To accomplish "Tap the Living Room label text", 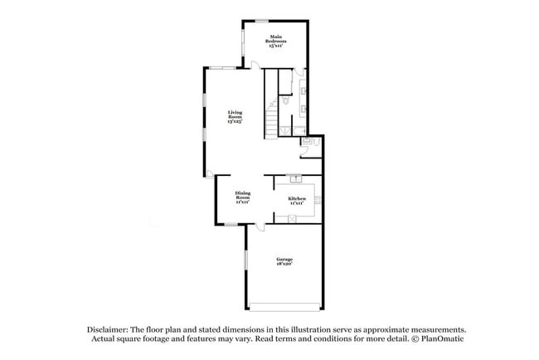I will point(236,117).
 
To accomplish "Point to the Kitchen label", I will point(297,200).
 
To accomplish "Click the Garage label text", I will point(284,261).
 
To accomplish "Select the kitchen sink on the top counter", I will point(295,178).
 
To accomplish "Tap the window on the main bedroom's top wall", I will point(261,21).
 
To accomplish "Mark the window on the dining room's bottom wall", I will point(230,224).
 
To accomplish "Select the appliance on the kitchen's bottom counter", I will point(292,219).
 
